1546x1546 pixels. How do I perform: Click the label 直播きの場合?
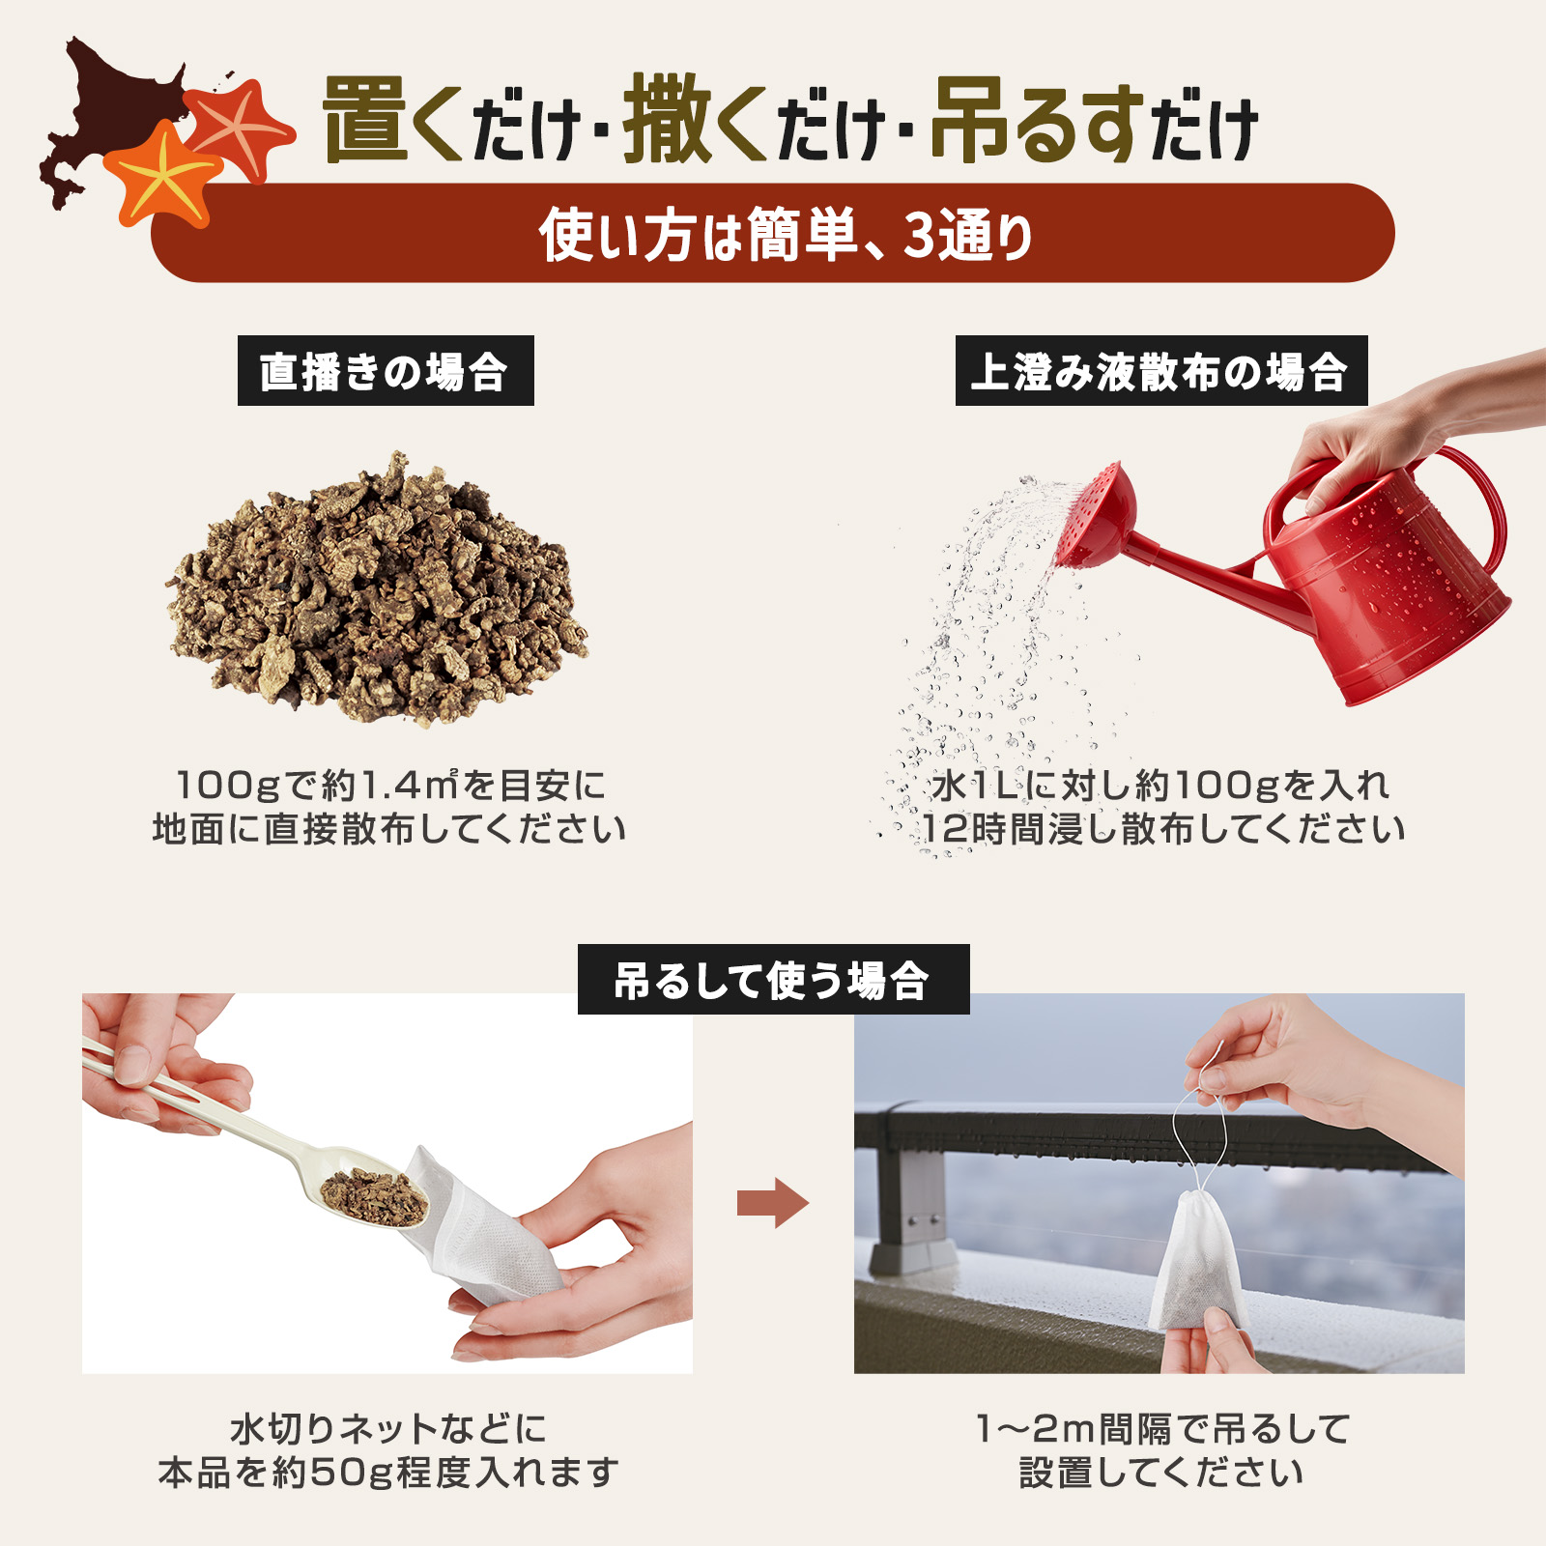pos(386,371)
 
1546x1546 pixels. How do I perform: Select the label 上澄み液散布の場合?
pos(1160,371)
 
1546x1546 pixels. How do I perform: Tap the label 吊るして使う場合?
pos(773,980)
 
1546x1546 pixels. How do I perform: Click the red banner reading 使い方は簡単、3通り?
pos(773,234)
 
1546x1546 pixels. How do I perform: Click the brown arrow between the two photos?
pos(772,1203)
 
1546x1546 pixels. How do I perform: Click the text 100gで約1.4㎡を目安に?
pos(390,786)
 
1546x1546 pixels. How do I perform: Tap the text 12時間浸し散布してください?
pos(1162,829)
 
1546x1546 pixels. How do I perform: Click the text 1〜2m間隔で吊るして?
pos(1162,1428)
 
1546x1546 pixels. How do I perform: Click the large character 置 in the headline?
pos(365,121)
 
